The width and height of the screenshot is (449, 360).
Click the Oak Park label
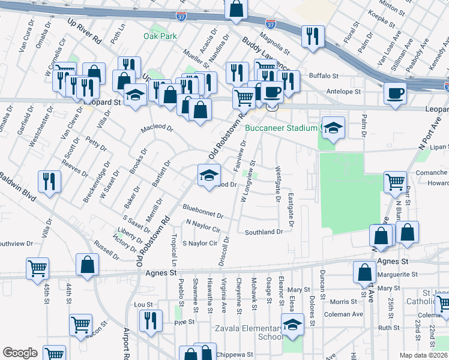coord(160,36)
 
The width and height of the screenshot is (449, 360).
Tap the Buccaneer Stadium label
coord(281,128)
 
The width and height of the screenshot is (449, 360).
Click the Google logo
coord(20,353)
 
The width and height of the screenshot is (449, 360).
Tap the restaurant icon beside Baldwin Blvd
coord(49,181)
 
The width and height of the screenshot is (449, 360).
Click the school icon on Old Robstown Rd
coord(208,175)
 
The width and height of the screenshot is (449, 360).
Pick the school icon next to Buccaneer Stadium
coord(333,127)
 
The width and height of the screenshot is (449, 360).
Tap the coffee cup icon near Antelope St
coord(395,93)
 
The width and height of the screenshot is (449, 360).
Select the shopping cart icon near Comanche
coord(395,181)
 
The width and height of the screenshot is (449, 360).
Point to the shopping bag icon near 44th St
coord(87,264)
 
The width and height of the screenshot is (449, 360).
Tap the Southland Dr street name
coord(263,232)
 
